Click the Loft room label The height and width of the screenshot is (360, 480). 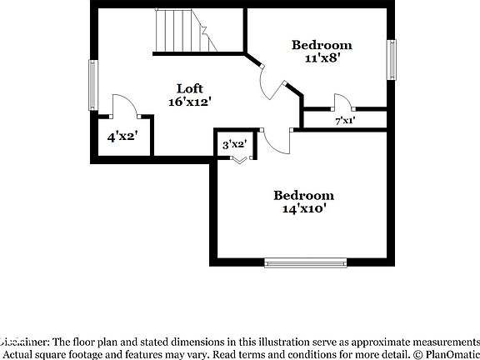pyautogui.click(x=190, y=88)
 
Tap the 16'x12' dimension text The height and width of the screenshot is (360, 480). pyautogui.click(x=190, y=102)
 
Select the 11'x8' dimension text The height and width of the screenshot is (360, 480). pyautogui.click(x=321, y=58)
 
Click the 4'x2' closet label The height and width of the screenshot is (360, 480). pyautogui.click(x=122, y=137)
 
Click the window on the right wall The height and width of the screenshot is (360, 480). pyautogui.click(x=391, y=60)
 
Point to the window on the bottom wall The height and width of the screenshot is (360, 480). pyautogui.click(x=306, y=262)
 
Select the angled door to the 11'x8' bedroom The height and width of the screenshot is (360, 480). pyautogui.click(x=272, y=82)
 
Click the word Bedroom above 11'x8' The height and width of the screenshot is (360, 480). pyautogui.click(x=321, y=45)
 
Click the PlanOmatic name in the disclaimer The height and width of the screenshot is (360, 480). pyautogui.click(x=447, y=353)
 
